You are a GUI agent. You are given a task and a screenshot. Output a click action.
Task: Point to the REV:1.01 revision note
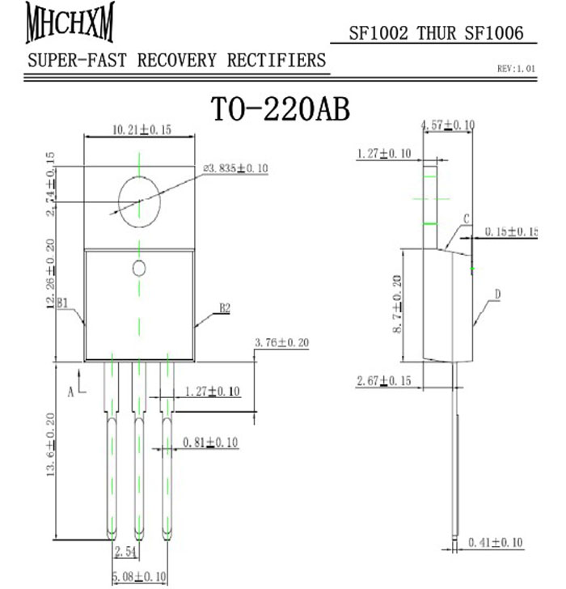point(516,70)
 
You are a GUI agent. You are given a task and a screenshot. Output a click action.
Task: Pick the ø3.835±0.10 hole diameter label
point(235,168)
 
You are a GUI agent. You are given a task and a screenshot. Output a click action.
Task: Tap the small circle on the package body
point(138,268)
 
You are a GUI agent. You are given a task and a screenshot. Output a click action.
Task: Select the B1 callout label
point(66,303)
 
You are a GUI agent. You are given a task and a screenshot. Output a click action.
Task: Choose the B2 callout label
point(225,308)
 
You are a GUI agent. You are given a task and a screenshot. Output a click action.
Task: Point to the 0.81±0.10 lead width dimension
point(212,443)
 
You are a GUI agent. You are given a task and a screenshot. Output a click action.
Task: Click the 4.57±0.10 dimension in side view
point(448,125)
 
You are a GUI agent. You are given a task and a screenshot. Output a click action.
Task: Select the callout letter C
point(467,219)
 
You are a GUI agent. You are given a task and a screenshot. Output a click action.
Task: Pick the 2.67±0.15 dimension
point(384,380)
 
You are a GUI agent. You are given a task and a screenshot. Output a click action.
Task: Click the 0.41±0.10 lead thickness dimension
point(496,543)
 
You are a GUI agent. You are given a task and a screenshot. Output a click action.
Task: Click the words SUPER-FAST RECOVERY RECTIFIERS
point(177,61)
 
